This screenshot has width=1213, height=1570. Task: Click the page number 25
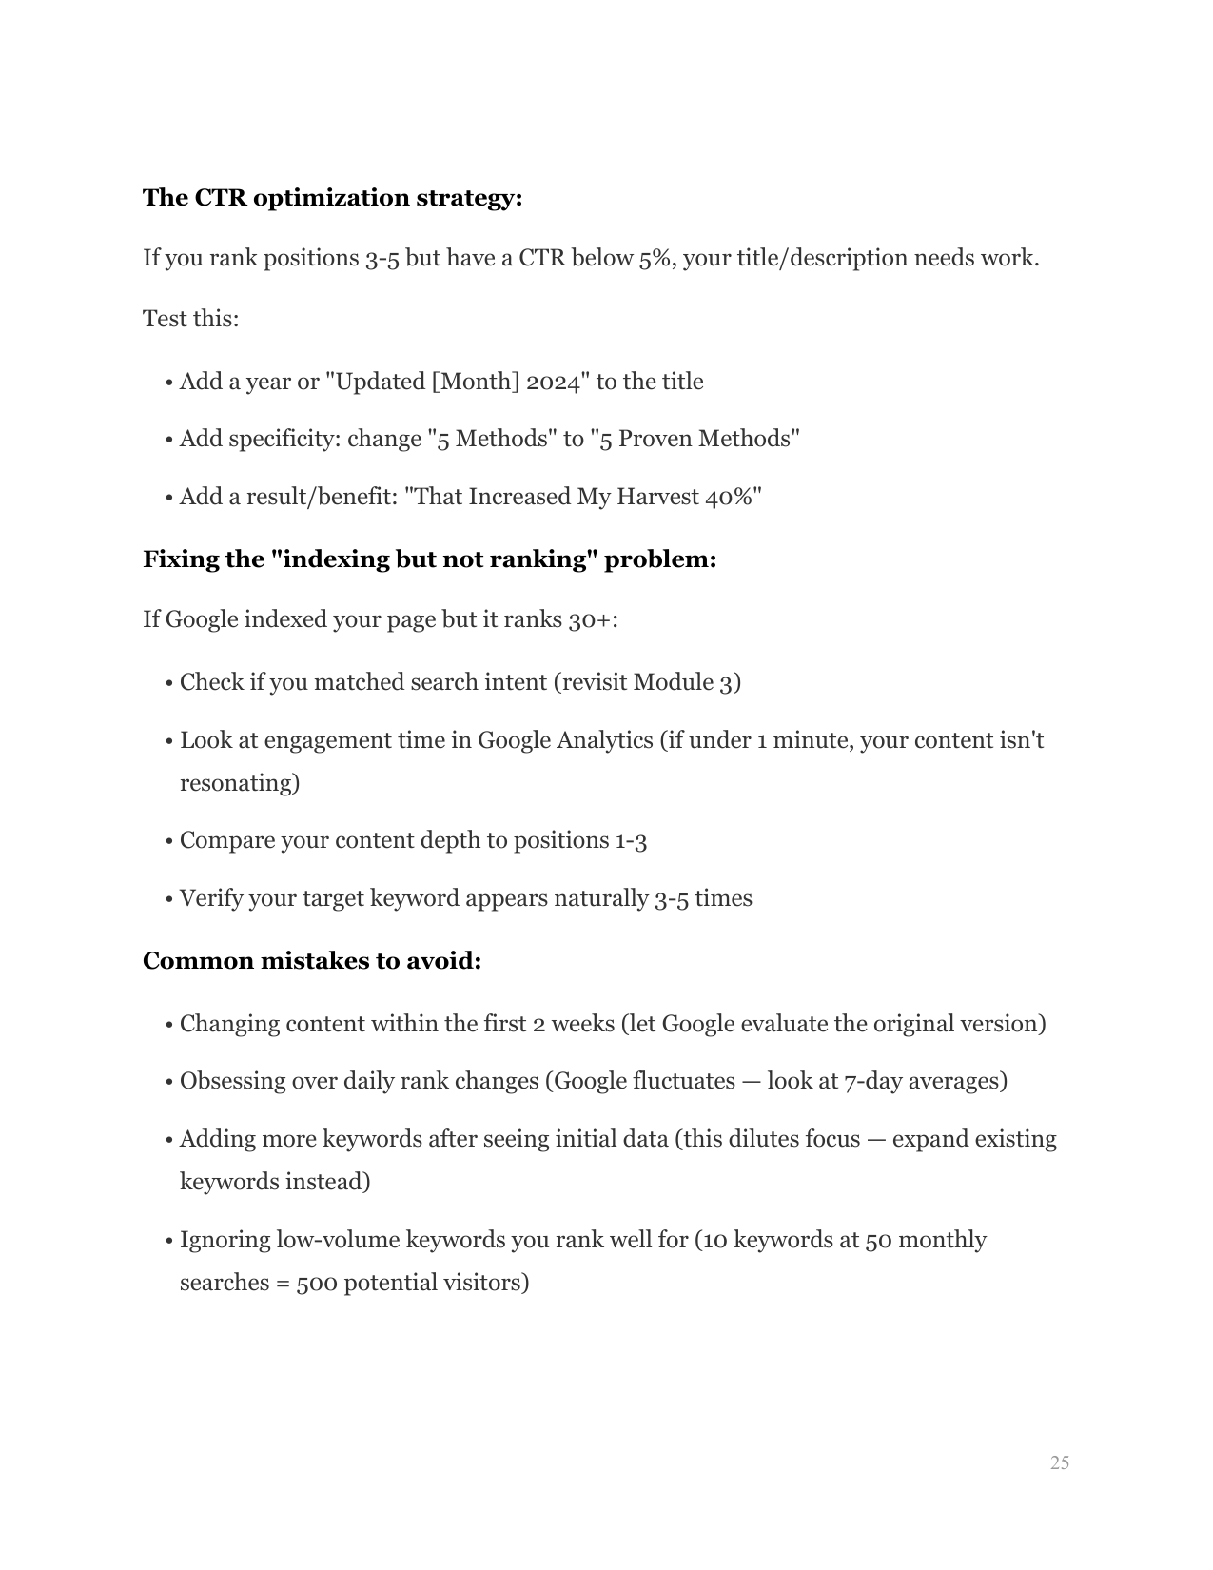[x=1059, y=1462]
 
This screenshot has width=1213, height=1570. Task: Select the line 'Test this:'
[x=190, y=319]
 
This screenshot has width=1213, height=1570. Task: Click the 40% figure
[x=731, y=497]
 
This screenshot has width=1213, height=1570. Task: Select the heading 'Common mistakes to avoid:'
[x=312, y=961]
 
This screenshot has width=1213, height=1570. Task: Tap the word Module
[x=673, y=682]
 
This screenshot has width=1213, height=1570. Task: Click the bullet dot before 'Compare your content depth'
[x=168, y=841]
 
